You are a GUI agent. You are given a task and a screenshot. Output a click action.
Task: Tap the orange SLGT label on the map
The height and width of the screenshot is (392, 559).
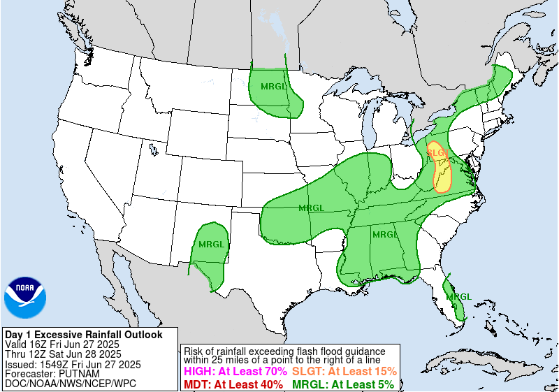coord(437,152)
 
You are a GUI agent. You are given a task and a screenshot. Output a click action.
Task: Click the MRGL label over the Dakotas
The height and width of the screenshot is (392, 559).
coord(273,87)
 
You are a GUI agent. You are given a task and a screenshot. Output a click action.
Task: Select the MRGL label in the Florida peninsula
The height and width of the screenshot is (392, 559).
coord(459,296)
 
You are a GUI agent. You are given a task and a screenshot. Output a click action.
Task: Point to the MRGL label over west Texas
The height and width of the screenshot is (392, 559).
coord(211,245)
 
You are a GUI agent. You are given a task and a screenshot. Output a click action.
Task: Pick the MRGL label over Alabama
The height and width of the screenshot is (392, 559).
coord(385,235)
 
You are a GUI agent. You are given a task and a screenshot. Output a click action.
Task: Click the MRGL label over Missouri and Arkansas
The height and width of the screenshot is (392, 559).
coord(311,208)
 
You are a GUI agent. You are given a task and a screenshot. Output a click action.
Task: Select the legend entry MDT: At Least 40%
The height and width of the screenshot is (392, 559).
coord(233,384)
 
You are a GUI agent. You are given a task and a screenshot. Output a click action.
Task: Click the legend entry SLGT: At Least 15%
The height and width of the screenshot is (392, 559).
coord(344,372)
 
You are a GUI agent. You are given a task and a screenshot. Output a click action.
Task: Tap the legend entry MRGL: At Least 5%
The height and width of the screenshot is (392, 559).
coord(342,384)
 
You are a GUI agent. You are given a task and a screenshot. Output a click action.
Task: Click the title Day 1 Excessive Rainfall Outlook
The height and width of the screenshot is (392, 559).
coord(83,335)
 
